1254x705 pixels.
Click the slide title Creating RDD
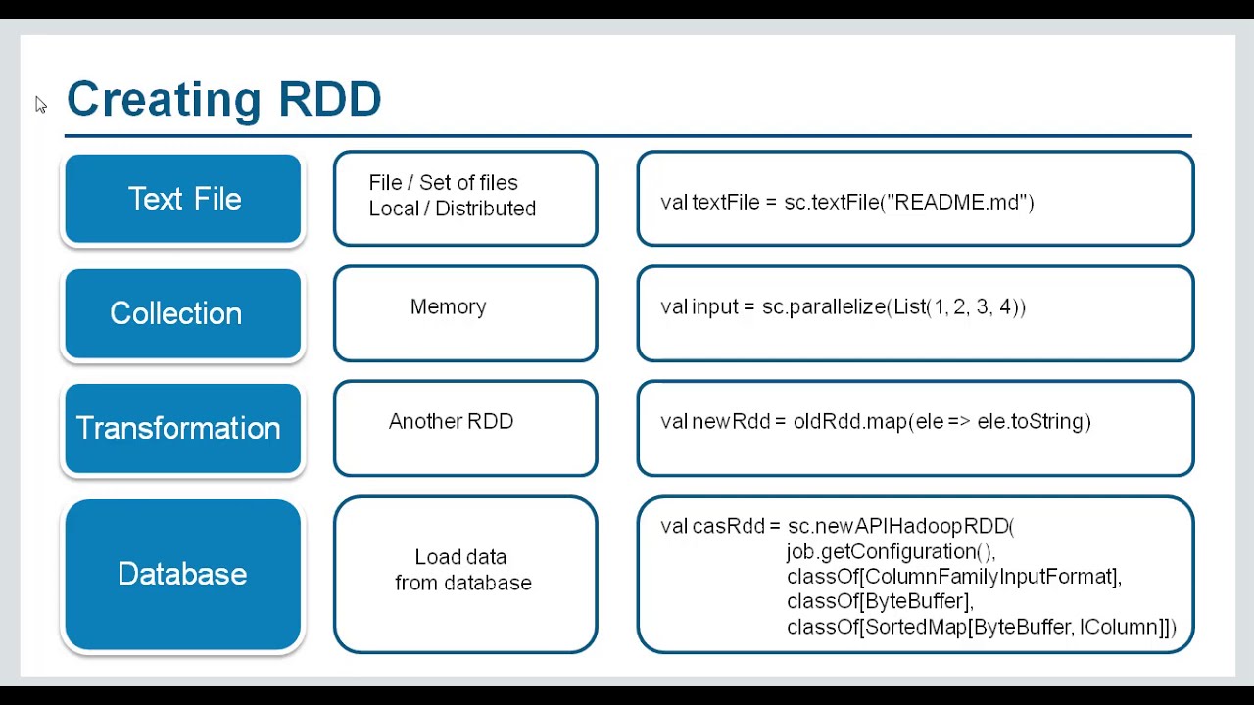pyautogui.click(x=224, y=100)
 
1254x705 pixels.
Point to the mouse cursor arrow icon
pyautogui.click(x=41, y=104)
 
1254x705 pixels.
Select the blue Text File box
pyautogui.click(x=183, y=199)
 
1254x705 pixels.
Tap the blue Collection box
pyautogui.click(x=183, y=313)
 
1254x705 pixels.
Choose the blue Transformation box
pyautogui.click(x=183, y=428)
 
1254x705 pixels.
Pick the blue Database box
pyautogui.click(x=183, y=574)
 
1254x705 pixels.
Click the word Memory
pyautogui.click(x=449, y=307)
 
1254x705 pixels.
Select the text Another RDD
pyautogui.click(x=452, y=421)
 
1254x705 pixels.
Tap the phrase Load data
pyautogui.click(x=460, y=557)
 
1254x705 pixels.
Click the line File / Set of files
pyautogui.click(x=444, y=183)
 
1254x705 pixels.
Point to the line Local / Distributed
pyautogui.click(x=453, y=209)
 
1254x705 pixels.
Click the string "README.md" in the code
pyautogui.click(x=957, y=202)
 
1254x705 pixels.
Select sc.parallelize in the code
pyautogui.click(x=824, y=307)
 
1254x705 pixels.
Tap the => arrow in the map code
pyautogui.click(x=959, y=422)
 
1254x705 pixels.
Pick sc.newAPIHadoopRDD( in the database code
pyautogui.click(x=900, y=526)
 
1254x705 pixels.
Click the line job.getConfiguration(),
pyautogui.click(x=892, y=552)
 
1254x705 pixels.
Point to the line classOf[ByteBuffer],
pyautogui.click(x=880, y=601)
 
